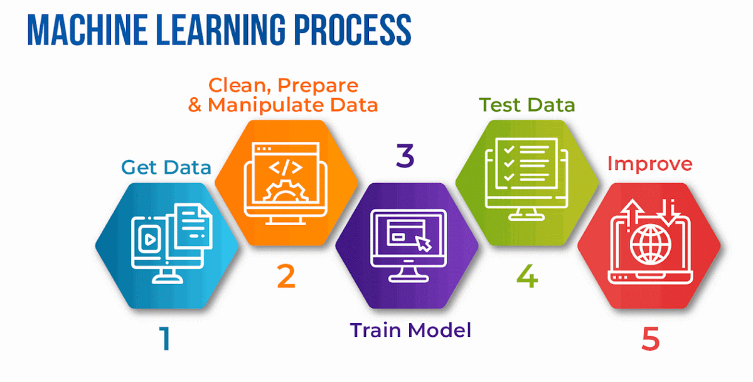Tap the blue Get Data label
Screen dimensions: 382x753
(166, 167)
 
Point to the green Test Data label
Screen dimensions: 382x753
(527, 104)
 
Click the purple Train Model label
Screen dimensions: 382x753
(410, 330)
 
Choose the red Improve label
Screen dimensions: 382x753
(649, 164)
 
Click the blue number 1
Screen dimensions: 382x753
(165, 338)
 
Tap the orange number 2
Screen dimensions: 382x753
(286, 277)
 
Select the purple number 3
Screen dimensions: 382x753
(405, 156)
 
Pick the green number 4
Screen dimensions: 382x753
(527, 277)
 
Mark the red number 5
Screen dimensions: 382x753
(651, 339)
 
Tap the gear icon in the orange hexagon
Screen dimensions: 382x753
(286, 191)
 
